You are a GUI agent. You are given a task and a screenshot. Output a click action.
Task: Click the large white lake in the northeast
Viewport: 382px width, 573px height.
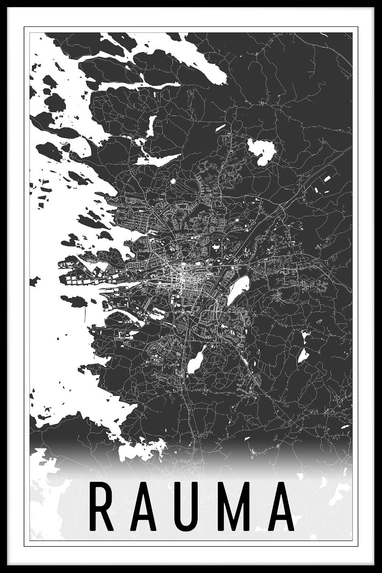click(262, 152)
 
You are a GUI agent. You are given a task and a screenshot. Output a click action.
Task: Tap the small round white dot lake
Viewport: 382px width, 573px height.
click(173, 181)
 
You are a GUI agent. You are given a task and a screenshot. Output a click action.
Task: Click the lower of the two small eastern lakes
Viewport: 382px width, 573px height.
click(303, 355)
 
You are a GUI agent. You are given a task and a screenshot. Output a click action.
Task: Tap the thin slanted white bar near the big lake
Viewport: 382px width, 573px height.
click(220, 127)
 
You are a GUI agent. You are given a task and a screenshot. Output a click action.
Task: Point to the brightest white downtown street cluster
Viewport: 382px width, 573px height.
click(183, 277)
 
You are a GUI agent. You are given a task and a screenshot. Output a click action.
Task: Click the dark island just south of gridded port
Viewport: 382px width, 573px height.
click(74, 301)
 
